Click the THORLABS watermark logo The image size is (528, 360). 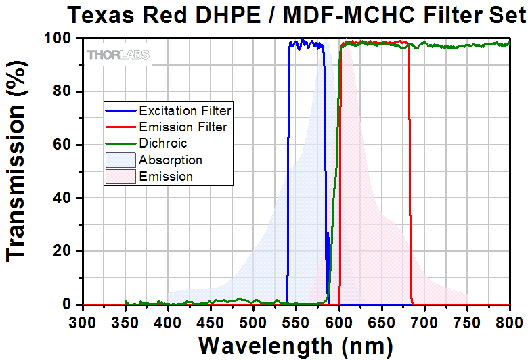coord(118,54)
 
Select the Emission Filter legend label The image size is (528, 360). coord(183,127)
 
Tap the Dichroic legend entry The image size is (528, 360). coord(162,143)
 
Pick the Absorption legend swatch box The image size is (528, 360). coord(119,160)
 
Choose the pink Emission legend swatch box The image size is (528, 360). coord(119,177)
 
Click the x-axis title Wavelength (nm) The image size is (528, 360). coord(295,345)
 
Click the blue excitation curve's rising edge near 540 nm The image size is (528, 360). coord(288,169)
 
